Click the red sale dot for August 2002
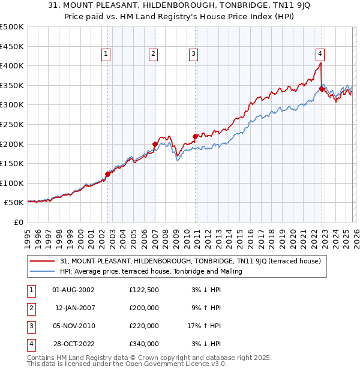pos(108,174)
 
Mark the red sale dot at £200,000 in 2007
pos(155,144)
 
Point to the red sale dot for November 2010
pos(195,136)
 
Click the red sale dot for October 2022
pos(322,89)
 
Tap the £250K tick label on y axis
pos(12,124)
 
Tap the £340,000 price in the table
pos(144,344)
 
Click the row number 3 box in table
pos(29,326)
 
